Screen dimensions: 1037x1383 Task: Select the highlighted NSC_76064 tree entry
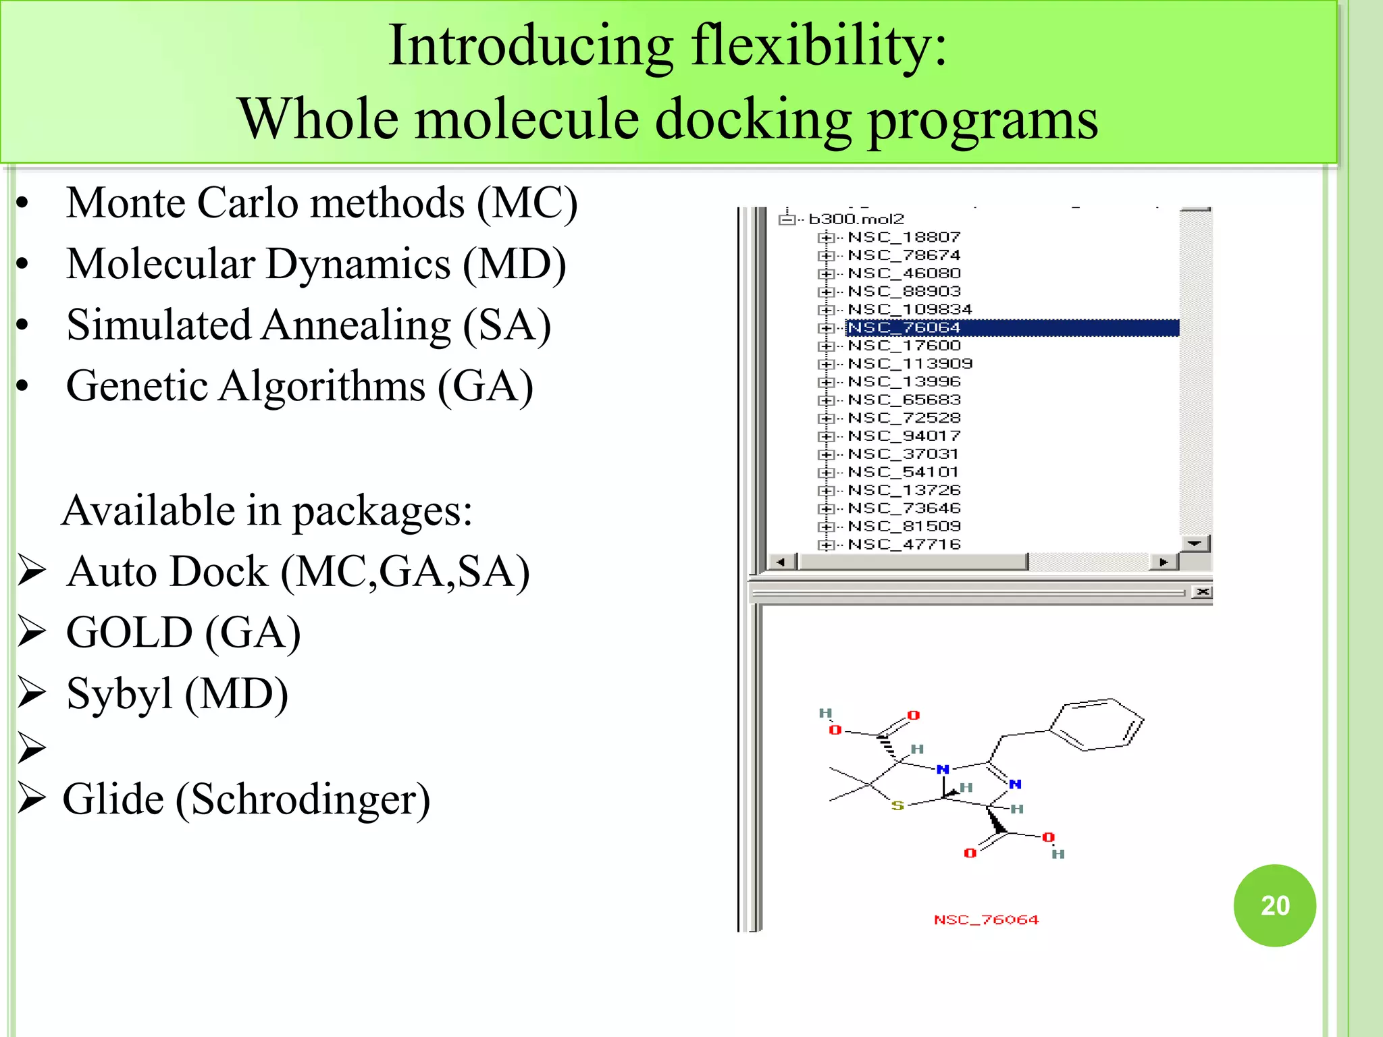click(x=904, y=327)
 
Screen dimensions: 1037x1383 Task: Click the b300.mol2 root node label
click(x=856, y=219)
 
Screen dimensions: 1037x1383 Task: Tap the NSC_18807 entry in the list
click(x=904, y=237)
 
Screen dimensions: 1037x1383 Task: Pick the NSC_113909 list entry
click(x=910, y=364)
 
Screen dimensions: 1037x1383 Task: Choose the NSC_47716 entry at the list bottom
click(x=904, y=544)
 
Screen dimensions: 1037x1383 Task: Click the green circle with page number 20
click(x=1274, y=905)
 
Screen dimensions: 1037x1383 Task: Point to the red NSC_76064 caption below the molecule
click(x=986, y=920)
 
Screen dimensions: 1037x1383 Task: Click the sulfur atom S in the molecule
click(x=897, y=805)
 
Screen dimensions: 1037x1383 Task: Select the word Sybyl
click(x=120, y=694)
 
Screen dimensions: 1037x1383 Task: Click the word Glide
click(x=113, y=799)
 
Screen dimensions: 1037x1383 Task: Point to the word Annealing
click(x=356, y=325)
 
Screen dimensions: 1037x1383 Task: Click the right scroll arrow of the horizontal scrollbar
click(x=1163, y=562)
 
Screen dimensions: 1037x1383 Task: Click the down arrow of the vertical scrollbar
click(x=1195, y=543)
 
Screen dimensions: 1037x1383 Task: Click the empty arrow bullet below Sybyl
click(x=32, y=747)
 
